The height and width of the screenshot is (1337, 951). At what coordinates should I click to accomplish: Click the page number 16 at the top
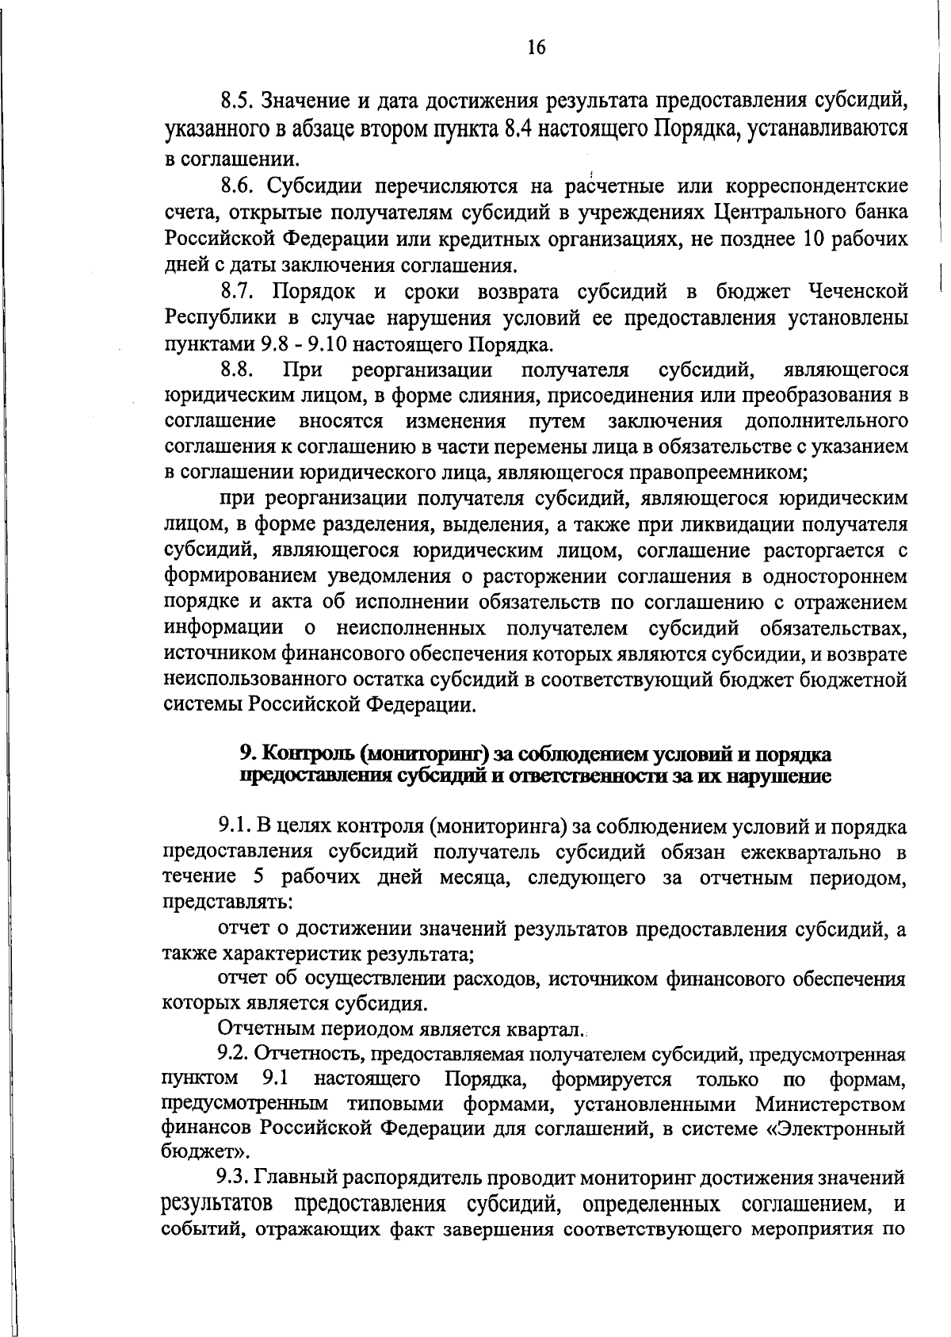pyautogui.click(x=536, y=47)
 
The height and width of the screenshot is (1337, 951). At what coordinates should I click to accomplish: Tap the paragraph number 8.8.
pyautogui.click(x=235, y=370)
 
